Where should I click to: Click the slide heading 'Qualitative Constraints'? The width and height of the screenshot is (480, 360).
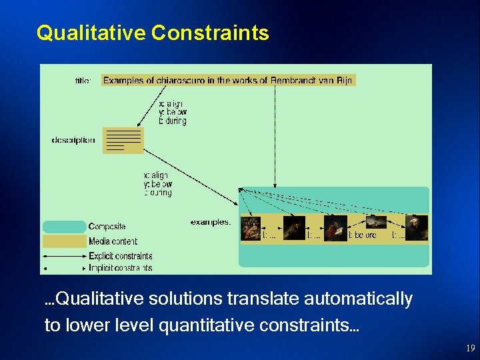tap(153, 33)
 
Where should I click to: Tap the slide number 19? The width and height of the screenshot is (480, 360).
tap(470, 348)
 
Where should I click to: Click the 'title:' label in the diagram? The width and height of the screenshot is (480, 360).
tap(83, 81)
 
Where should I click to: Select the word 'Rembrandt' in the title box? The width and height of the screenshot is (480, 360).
tap(292, 81)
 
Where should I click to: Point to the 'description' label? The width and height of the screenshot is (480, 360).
tap(73, 141)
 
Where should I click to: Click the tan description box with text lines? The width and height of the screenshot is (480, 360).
tap(123, 141)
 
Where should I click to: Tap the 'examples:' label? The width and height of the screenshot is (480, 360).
tap(211, 222)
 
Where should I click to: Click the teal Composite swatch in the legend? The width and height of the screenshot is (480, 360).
tap(64, 227)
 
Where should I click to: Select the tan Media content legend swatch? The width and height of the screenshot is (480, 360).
tap(64, 241)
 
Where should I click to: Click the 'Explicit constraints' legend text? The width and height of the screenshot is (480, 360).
tap(120, 256)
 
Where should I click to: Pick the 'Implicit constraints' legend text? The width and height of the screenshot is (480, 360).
tap(120, 268)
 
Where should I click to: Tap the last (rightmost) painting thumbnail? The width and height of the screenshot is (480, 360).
tap(417, 227)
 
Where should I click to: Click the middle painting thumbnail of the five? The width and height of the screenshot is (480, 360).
tap(335, 227)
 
